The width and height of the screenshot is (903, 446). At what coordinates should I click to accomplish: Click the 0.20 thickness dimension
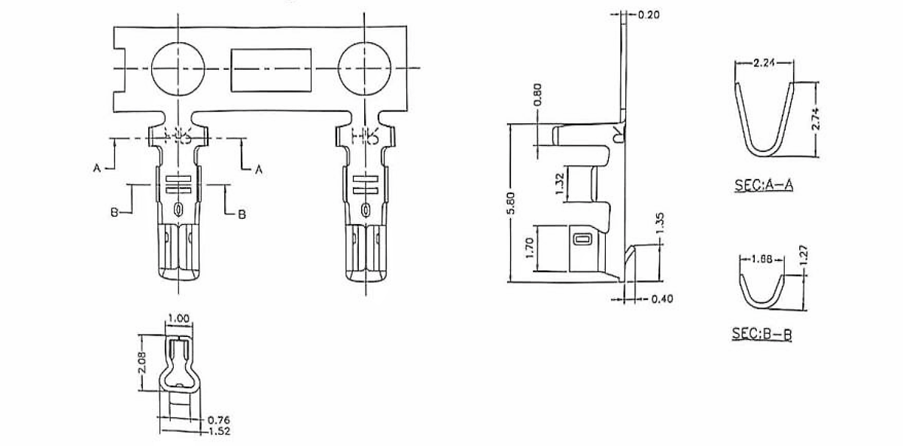(x=649, y=14)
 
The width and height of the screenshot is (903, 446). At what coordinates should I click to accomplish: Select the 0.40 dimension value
(x=661, y=299)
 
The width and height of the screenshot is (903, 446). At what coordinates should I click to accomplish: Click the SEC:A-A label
(x=762, y=185)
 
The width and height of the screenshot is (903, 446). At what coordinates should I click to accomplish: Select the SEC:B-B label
(x=762, y=334)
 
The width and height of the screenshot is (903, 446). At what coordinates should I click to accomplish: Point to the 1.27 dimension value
(x=804, y=256)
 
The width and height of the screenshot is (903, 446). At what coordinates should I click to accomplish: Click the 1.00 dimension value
(x=178, y=319)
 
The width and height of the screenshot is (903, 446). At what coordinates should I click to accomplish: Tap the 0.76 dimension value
(x=218, y=420)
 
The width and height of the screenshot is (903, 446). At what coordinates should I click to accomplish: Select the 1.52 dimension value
(x=218, y=431)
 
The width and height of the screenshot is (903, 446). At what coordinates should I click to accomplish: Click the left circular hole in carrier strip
(x=178, y=68)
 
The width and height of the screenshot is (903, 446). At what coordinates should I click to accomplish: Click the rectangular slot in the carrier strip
(x=270, y=68)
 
